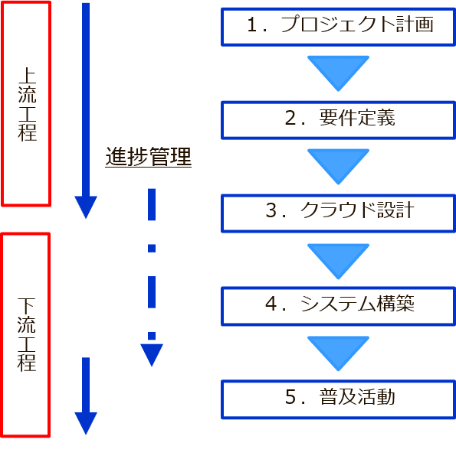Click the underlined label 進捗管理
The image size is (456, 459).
pyautogui.click(x=149, y=157)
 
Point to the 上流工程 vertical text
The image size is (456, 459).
pyautogui.click(x=27, y=104)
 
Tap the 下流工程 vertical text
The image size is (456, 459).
pyautogui.click(x=26, y=334)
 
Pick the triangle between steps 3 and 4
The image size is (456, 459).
pyautogui.click(x=338, y=261)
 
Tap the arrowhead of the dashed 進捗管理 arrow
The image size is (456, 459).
pyautogui.click(x=152, y=354)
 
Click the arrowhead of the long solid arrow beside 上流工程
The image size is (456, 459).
pyautogui.click(x=86, y=207)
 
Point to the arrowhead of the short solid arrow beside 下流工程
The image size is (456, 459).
pyautogui.click(x=86, y=423)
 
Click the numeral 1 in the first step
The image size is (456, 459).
pyautogui.click(x=253, y=24)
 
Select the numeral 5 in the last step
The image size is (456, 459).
pyautogui.click(x=290, y=396)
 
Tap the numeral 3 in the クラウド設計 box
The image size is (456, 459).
pyautogui.click(x=271, y=210)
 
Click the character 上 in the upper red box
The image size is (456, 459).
pyautogui.click(x=27, y=76)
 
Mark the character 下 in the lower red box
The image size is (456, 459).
pyautogui.click(x=26, y=306)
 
